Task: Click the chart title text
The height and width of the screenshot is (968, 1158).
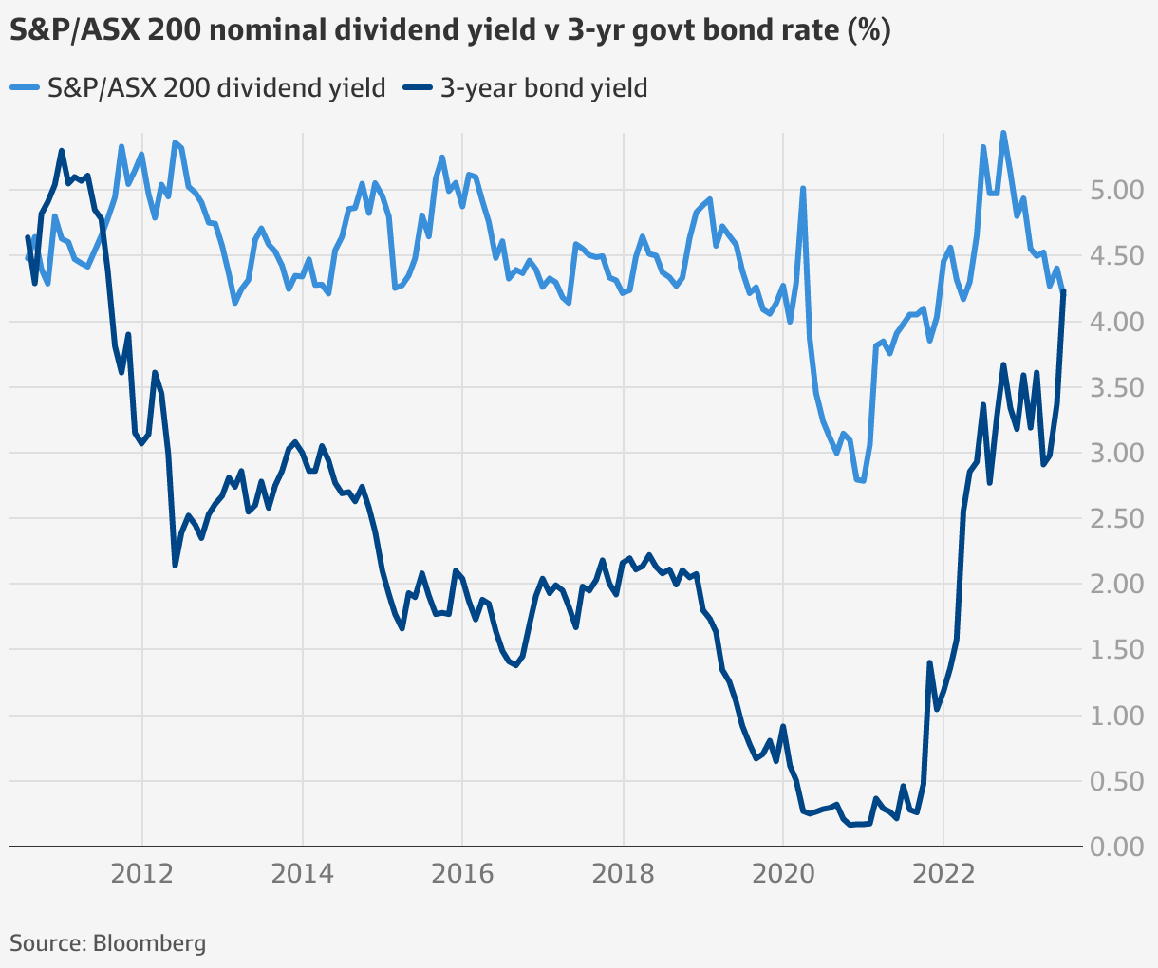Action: tap(450, 30)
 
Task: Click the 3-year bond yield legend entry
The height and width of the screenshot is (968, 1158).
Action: tap(526, 88)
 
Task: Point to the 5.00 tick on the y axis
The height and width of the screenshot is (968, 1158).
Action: tap(1116, 191)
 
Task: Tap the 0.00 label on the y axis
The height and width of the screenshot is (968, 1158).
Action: tap(1116, 847)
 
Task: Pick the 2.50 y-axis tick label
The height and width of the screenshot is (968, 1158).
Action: tap(1116, 519)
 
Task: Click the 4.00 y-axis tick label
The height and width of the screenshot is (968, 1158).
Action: tap(1116, 323)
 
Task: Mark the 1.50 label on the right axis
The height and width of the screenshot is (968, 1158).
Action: tap(1116, 650)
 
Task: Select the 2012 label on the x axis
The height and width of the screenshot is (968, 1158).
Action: tap(141, 873)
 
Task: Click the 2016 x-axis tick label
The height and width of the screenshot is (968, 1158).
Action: tap(462, 873)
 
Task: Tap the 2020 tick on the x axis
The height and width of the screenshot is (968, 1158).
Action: tap(783, 873)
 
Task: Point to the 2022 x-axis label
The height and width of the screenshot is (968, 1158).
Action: tap(943, 873)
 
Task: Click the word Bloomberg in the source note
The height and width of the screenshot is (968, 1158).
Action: tap(149, 943)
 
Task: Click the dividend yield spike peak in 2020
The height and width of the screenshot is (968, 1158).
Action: tap(803, 188)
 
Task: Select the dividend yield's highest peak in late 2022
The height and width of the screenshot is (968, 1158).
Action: tap(1003, 133)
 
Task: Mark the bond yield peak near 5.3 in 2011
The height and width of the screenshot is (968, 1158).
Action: tap(62, 150)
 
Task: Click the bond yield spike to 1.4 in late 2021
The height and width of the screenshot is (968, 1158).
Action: tap(929, 662)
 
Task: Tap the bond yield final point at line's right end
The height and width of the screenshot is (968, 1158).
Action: tap(1064, 291)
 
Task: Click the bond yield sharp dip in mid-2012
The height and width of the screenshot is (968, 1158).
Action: tap(176, 566)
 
